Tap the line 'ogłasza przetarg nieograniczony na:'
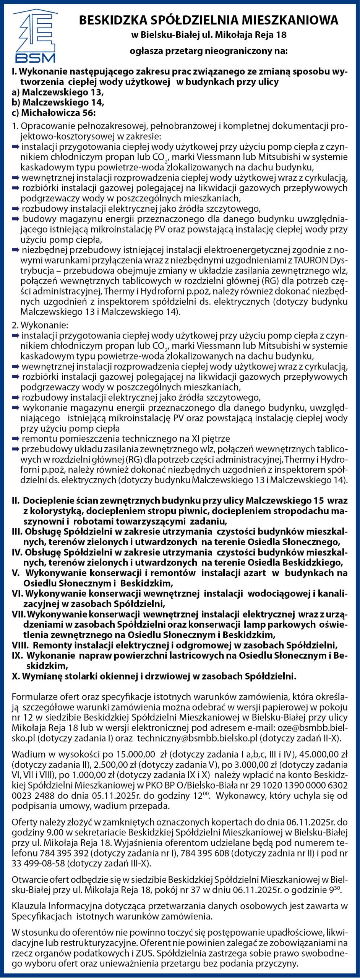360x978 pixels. click(209, 50)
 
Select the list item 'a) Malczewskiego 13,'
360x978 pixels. click(58, 92)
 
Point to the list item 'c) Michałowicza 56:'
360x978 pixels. click(54, 113)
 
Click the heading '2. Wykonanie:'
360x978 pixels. click(40, 325)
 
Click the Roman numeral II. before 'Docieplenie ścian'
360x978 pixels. click(16, 500)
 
